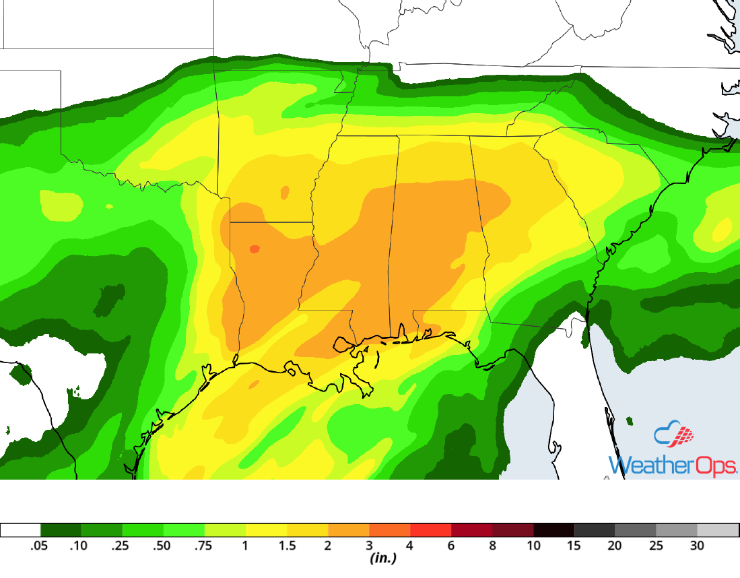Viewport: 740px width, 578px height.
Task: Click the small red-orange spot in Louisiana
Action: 254,249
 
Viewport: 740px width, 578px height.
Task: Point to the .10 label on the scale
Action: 79,546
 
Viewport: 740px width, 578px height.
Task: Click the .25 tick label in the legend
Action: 121,546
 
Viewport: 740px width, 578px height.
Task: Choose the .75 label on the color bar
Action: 203,546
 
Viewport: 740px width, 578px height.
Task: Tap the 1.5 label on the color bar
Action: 287,546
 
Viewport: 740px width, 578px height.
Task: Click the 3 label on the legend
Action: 369,546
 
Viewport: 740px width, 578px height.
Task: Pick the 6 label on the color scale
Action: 452,546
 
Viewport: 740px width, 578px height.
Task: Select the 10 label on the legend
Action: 533,546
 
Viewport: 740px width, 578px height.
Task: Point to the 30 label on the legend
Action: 697,546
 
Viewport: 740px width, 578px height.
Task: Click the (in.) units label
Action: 382,558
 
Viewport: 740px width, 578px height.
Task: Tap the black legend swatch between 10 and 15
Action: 553,529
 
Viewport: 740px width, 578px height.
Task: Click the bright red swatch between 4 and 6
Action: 430,529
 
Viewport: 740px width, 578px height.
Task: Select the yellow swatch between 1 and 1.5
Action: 266,529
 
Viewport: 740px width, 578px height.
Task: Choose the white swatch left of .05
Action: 20,529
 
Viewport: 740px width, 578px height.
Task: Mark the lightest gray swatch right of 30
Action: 718,529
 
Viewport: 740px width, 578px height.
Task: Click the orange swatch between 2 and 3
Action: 348,529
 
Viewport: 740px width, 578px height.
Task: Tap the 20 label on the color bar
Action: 615,546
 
